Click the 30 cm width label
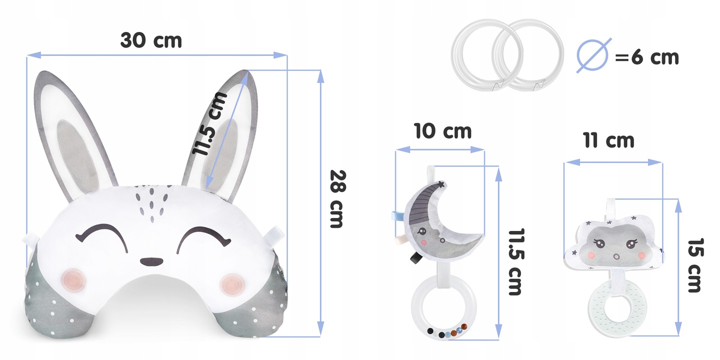tap(151, 40)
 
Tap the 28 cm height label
tap(338, 199)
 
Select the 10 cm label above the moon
tap(442, 131)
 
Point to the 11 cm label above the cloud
tap(609, 140)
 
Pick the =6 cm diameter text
tap(646, 57)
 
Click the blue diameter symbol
tap(593, 55)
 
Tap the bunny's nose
tap(151, 262)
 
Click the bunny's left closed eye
tap(102, 237)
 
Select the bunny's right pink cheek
tap(232, 283)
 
